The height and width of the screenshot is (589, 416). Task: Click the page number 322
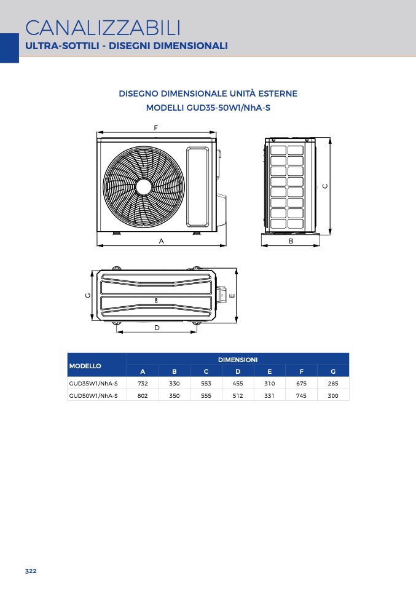click(x=31, y=571)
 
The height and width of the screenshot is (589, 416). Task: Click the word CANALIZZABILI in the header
click(x=103, y=28)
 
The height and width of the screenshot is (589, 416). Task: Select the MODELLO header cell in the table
click(x=85, y=366)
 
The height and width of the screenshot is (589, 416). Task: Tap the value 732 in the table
click(x=143, y=384)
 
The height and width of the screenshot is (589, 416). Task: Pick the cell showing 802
click(x=143, y=395)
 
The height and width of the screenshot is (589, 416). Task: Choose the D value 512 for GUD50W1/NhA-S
click(x=238, y=395)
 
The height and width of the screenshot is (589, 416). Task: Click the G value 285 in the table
click(x=333, y=384)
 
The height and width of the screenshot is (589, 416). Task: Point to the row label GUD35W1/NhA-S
click(x=93, y=384)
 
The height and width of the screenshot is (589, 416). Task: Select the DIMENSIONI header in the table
click(x=238, y=360)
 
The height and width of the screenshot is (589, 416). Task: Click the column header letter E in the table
click(x=270, y=371)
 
